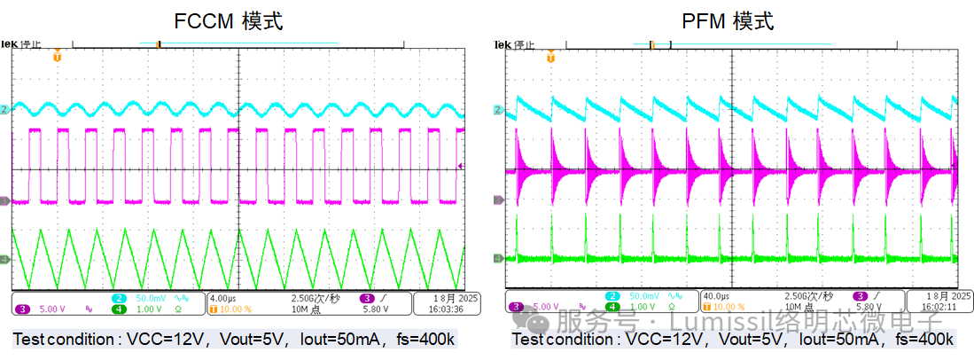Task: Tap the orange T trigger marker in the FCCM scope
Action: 58,57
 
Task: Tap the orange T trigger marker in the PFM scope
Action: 551,57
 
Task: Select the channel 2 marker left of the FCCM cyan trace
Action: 5,109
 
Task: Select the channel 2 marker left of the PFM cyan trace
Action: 499,110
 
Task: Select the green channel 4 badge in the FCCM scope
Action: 118,309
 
